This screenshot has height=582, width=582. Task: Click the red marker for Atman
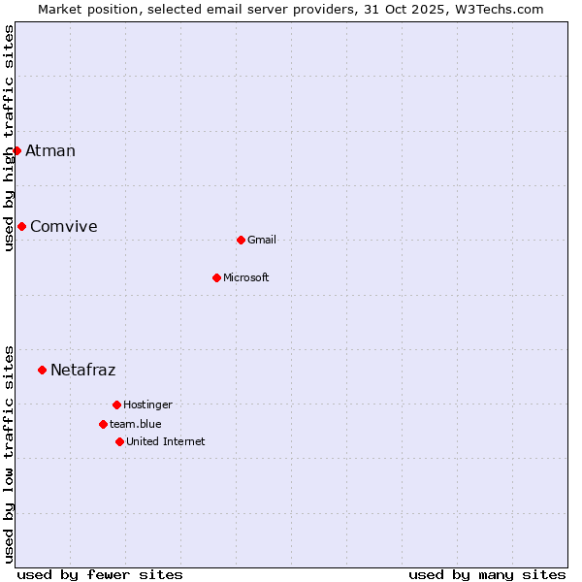point(16,150)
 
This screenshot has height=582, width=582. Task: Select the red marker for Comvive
point(21,226)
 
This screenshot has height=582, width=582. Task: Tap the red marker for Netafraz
point(42,370)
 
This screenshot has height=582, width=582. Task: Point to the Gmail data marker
point(241,240)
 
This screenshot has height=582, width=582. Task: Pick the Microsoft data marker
point(216,277)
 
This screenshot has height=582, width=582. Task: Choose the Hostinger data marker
point(116,404)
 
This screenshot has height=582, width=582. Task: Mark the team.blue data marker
point(103,424)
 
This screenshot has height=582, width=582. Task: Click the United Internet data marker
point(119,441)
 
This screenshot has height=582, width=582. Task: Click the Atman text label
point(50,150)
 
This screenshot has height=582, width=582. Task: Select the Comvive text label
point(64,226)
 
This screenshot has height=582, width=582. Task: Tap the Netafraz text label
point(83,370)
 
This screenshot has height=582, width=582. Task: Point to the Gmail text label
point(262,240)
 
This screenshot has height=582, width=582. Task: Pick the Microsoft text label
point(246,277)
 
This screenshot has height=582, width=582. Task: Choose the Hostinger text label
point(147,404)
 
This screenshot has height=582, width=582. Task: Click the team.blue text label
point(136,424)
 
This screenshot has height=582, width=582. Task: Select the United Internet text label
point(166,441)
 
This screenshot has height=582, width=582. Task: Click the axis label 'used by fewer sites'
point(100,574)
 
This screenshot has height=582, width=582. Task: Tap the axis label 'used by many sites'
point(487,574)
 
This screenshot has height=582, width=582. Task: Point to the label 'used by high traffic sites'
point(9,138)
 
